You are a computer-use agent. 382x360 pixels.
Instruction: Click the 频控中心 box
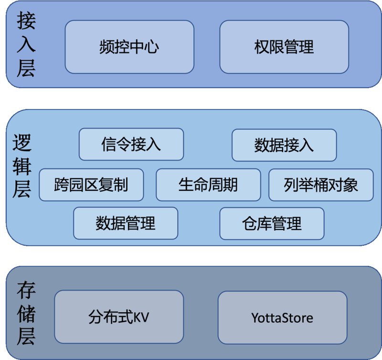(x=129, y=47)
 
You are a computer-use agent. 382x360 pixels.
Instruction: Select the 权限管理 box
(x=284, y=47)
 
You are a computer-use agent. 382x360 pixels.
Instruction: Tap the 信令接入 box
(x=131, y=144)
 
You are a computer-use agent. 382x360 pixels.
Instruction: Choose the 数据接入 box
(x=284, y=145)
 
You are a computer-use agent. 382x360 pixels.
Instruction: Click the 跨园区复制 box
(x=91, y=185)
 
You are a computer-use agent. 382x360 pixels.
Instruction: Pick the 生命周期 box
(x=208, y=185)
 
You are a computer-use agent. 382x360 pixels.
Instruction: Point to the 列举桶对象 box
(x=321, y=185)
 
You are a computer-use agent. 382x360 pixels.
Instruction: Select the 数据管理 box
(x=126, y=223)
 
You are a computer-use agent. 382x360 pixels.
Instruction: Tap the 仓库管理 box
(x=272, y=224)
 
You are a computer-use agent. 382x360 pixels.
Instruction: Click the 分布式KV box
(x=119, y=317)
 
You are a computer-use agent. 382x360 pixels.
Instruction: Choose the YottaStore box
(x=282, y=317)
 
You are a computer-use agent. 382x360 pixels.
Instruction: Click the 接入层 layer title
(x=26, y=44)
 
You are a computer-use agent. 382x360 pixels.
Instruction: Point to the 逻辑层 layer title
(x=22, y=166)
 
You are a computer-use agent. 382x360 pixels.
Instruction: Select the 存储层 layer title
(x=26, y=314)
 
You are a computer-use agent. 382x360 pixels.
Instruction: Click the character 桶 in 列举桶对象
(x=320, y=185)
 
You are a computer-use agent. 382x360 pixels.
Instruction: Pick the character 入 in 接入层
(x=26, y=44)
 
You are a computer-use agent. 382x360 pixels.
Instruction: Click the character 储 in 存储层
(x=26, y=314)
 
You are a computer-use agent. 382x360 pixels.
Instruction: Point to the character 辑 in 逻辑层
(x=22, y=166)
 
